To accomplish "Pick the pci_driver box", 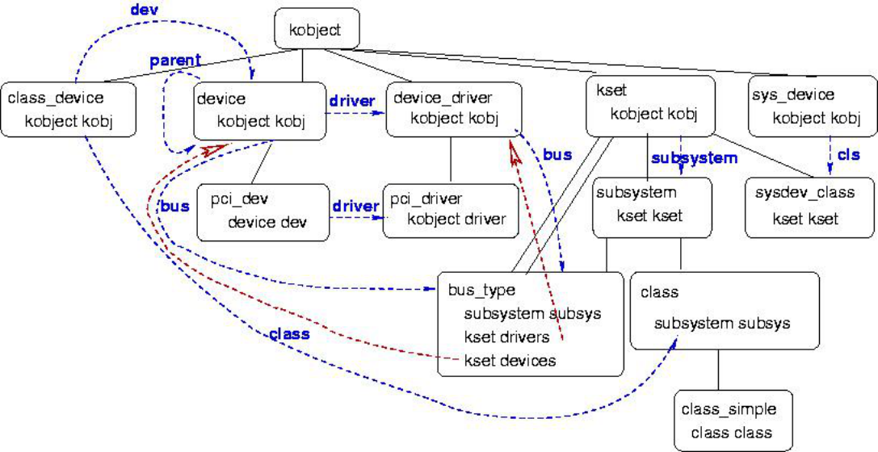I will tap(450, 210).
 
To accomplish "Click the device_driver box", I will tap(454, 109).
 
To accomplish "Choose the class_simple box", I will tap(733, 421).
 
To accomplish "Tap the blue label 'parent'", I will tap(174, 61).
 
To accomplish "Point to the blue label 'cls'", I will tap(849, 155).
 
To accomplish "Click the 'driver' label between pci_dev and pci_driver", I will tap(355, 206).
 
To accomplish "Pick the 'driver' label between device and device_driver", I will tap(351, 102).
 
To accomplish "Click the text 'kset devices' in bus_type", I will tap(510, 361).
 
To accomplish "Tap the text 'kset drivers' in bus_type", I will tap(507, 337).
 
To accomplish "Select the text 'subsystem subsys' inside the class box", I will tap(721, 324).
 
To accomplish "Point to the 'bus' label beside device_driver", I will tap(557, 153).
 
